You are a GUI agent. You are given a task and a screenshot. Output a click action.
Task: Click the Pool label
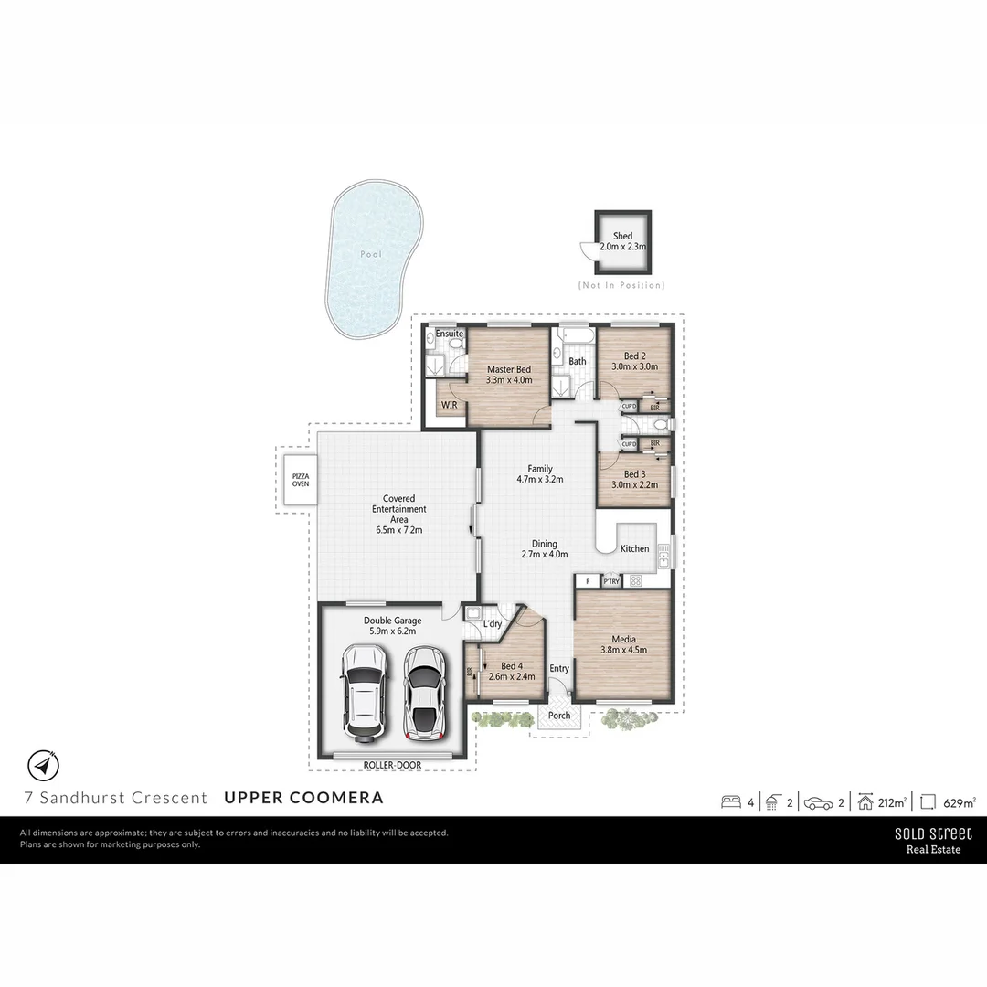click(371, 254)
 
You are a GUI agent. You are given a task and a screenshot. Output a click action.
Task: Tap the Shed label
click(622, 236)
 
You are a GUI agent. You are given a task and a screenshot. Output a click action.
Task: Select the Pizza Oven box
click(300, 481)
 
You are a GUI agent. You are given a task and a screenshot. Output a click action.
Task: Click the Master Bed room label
click(508, 369)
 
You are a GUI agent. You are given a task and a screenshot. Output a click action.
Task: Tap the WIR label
click(449, 403)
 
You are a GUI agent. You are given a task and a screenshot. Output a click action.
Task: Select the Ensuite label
click(449, 334)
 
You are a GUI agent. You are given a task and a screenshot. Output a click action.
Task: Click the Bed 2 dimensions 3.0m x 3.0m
click(634, 366)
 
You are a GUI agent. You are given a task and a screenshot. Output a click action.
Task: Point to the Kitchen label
click(635, 548)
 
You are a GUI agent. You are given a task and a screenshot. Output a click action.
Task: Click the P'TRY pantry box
click(611, 580)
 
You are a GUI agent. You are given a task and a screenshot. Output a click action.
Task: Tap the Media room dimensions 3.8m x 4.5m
click(623, 651)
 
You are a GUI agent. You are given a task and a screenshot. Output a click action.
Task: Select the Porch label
click(559, 715)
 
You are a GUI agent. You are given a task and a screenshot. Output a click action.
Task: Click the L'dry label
click(493, 624)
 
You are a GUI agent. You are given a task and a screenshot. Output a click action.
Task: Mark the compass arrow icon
click(44, 764)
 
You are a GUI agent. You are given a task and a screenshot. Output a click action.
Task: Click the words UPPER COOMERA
click(303, 797)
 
